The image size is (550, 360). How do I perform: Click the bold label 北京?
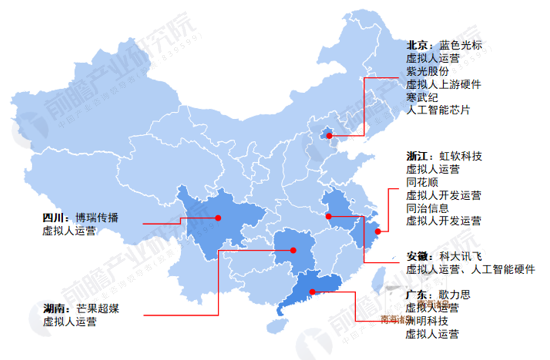419,45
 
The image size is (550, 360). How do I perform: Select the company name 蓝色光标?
460,45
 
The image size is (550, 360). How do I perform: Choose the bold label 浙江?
419,157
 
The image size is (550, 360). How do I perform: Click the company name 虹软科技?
460,157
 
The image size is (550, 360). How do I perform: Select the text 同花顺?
422,183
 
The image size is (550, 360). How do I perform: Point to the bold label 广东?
419,296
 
